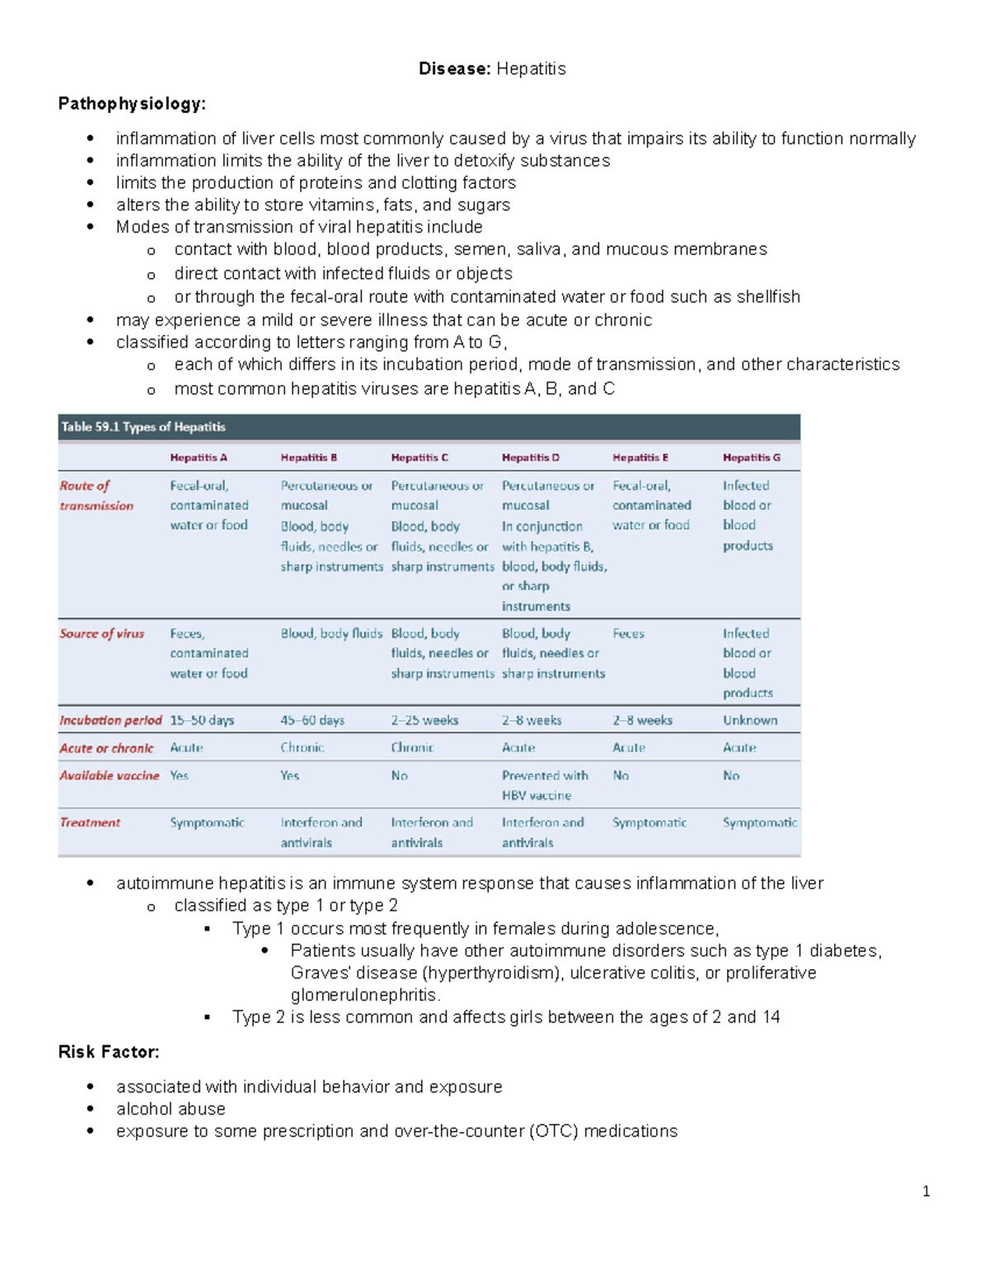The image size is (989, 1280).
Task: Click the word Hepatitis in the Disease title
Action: [x=531, y=68]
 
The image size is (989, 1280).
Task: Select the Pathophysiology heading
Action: [x=132, y=104]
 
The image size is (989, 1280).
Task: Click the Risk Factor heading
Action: [x=109, y=1052]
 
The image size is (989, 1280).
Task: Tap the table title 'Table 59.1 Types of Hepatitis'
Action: [x=143, y=427]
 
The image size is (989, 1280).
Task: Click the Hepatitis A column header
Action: [x=199, y=457]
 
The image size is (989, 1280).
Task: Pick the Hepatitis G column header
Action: [x=752, y=457]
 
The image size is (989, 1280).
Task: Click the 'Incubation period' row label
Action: [x=110, y=720]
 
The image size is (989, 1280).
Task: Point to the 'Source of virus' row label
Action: [x=101, y=634]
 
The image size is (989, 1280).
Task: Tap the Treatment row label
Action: [x=90, y=823]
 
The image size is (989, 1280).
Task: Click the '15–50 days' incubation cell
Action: [x=202, y=720]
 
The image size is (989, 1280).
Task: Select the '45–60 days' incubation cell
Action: [x=312, y=720]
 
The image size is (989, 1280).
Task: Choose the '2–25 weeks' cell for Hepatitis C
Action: [x=424, y=720]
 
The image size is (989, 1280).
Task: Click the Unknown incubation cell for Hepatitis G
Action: [x=750, y=720]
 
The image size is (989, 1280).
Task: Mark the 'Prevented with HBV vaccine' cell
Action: [x=545, y=785]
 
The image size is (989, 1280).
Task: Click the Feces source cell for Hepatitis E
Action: [x=628, y=634]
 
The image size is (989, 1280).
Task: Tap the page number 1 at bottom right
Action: [x=926, y=1191]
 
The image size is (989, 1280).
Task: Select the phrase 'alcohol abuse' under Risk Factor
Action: [x=171, y=1109]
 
